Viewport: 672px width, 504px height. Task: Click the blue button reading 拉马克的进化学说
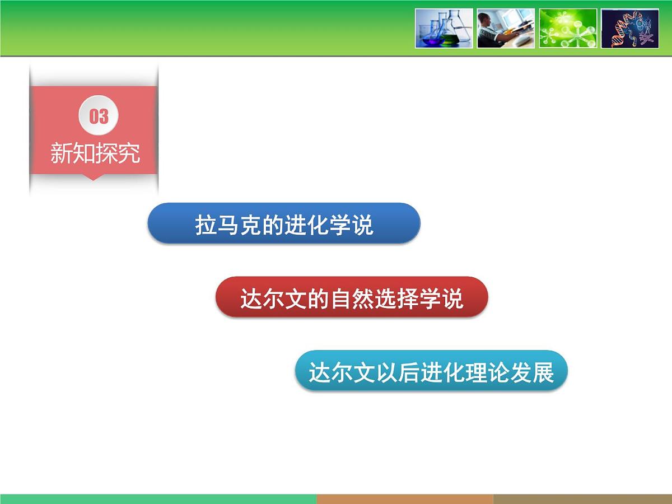pos(284,223)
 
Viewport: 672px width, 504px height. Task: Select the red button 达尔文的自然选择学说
pos(352,297)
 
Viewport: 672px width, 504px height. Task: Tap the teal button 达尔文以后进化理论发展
pos(431,371)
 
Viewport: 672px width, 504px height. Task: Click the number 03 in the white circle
pos(99,116)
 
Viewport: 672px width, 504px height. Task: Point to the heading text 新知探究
pos(95,153)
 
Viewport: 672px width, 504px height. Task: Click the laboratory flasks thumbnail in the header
pos(444,28)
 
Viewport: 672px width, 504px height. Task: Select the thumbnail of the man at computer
pos(506,28)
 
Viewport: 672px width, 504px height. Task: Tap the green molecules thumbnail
pos(568,28)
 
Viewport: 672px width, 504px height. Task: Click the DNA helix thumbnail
pos(630,28)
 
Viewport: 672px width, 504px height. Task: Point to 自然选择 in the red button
pos(375,299)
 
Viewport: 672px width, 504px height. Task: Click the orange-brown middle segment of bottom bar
pos(404,499)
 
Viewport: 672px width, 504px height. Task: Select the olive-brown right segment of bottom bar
pos(582,499)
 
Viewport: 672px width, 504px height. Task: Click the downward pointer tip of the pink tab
pos(94,179)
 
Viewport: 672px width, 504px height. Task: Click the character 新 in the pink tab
pos(61,153)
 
